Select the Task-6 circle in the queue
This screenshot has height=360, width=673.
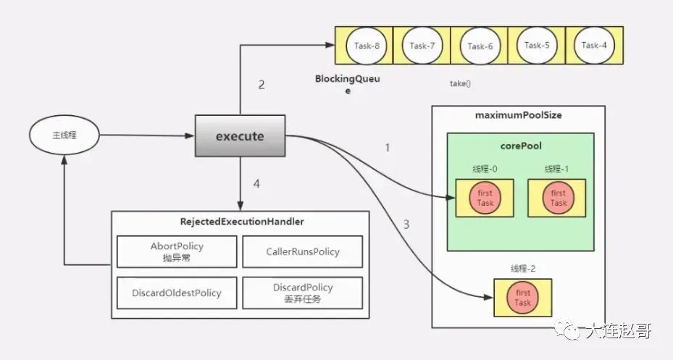(480, 46)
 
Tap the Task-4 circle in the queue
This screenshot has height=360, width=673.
(595, 45)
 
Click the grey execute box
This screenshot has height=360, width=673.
(240, 135)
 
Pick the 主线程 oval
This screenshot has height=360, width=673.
(64, 135)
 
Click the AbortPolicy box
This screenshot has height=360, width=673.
(177, 251)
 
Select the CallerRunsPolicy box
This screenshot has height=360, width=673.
(303, 251)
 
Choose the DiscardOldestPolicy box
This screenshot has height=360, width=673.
(177, 293)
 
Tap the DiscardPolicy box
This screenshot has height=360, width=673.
(303, 293)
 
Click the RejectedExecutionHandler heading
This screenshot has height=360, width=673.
(242, 222)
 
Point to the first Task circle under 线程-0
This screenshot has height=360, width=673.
(485, 198)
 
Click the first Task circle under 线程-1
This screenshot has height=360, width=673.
(558, 198)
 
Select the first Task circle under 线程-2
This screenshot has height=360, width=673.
(523, 298)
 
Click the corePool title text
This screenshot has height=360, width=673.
(521, 146)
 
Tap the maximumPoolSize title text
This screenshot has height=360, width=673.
(519, 115)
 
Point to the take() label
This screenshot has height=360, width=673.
(460, 84)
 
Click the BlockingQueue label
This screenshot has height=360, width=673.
(347, 84)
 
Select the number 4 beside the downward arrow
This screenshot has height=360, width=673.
(256, 184)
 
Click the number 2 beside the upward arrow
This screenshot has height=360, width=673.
(262, 85)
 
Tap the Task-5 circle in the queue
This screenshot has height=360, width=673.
(537, 45)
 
